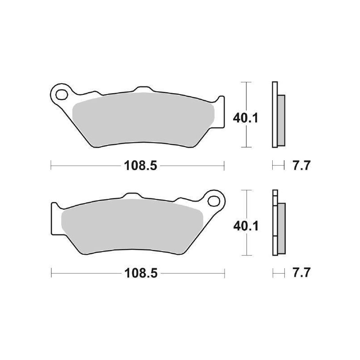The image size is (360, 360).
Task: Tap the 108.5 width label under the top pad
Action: [137, 166]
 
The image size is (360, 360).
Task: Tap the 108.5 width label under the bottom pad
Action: [137, 273]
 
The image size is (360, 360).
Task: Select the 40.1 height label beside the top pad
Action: [245, 118]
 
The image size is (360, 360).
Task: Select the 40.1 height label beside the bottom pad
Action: [245, 226]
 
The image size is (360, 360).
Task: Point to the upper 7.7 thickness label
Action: [302, 166]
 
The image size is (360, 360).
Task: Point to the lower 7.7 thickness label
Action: [302, 273]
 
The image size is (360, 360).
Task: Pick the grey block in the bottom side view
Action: [281, 227]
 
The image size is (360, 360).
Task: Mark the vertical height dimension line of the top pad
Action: [245, 135]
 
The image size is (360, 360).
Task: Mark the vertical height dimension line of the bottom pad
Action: [245, 243]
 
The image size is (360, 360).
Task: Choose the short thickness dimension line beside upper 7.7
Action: [279, 166]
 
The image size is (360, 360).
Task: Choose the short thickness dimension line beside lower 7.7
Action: [279, 273]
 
